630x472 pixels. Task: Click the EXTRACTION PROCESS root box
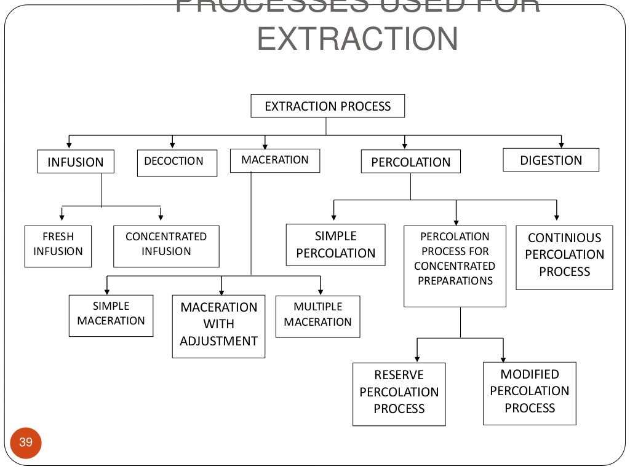327,106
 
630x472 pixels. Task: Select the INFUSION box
76,162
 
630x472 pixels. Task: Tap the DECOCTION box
177,163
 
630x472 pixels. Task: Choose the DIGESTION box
551,160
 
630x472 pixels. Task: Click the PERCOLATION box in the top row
410,162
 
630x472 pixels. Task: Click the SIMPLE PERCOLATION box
335,245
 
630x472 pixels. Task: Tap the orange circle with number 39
26,442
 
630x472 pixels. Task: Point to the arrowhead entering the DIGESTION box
560,144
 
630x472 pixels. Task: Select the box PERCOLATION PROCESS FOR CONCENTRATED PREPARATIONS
455,265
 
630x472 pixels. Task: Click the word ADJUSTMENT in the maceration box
218,341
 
